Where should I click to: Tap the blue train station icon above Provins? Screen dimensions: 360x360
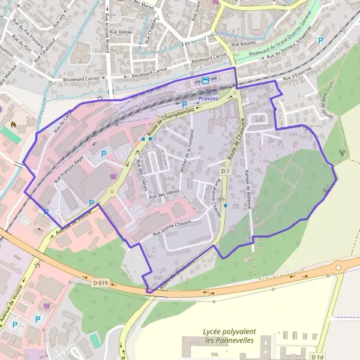pos(206,80)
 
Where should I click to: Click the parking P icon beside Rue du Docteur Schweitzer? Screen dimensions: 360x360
pos(320,40)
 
